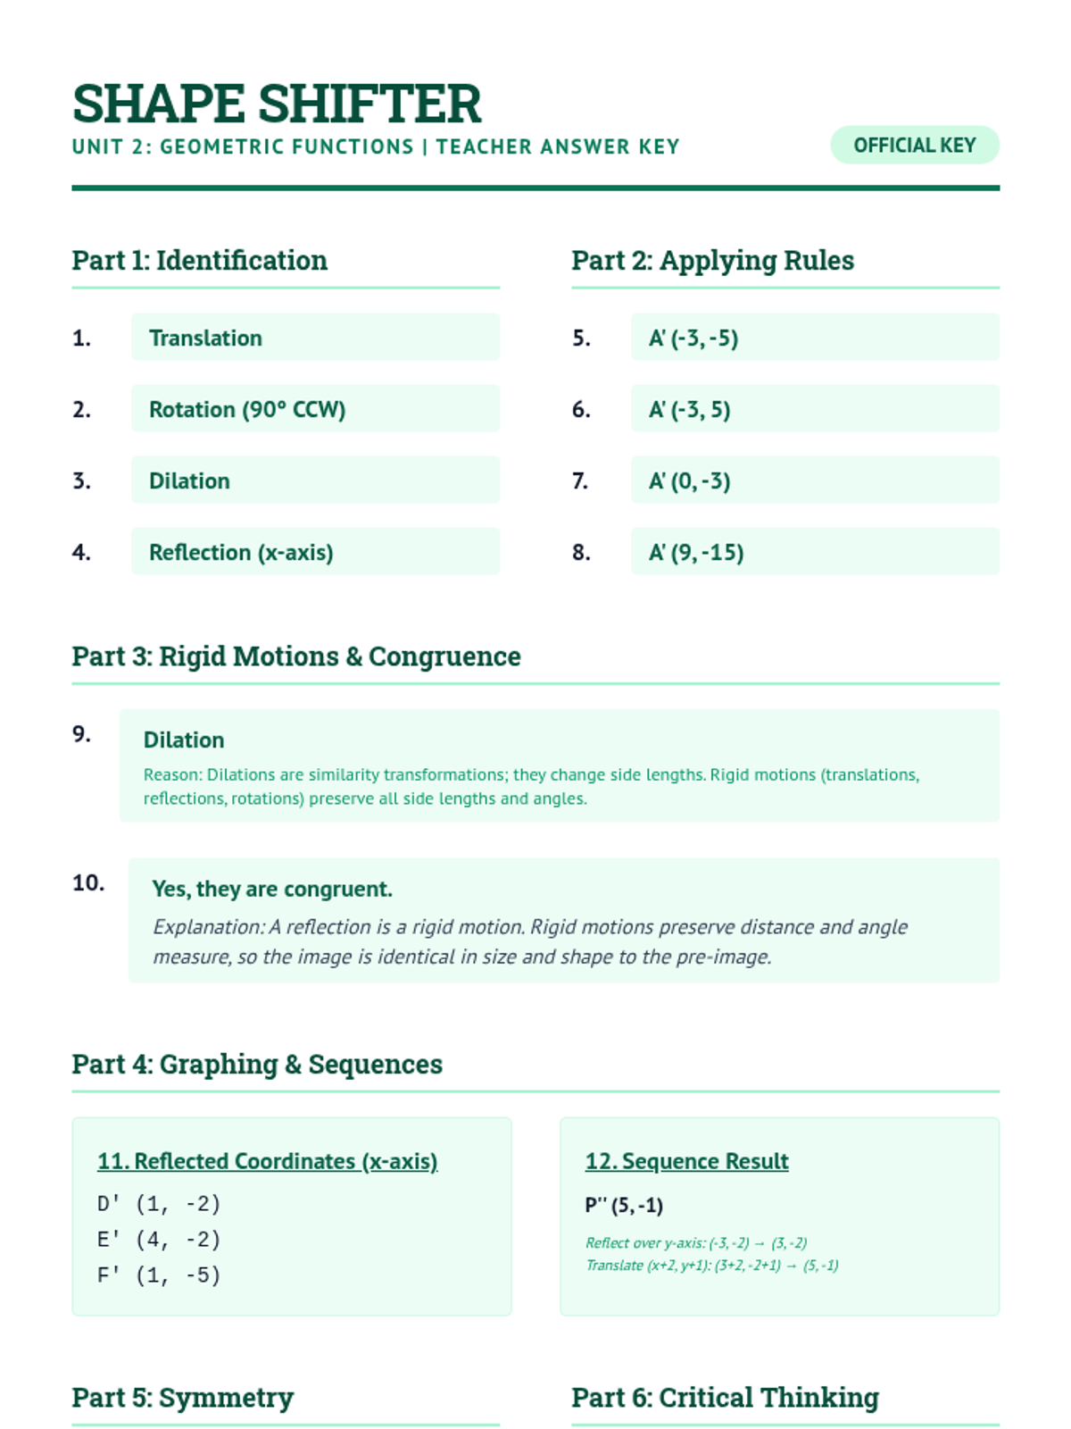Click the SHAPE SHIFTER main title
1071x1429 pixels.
[277, 104]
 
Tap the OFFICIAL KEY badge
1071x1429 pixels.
[914, 146]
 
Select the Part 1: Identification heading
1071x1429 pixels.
[199, 261]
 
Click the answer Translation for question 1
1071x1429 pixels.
[205, 338]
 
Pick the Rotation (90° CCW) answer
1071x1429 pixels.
[247, 409]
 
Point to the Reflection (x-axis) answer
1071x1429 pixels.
[241, 552]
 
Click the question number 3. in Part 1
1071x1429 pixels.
[81, 481]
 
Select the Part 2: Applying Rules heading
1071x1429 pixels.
[712, 261]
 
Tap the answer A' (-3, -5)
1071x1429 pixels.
[693, 338]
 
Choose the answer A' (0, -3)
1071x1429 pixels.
[689, 481]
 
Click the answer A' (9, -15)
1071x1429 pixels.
[696, 552]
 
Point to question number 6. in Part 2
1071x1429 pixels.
[581, 409]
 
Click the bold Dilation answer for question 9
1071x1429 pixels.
[184, 740]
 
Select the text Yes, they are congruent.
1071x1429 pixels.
[272, 889]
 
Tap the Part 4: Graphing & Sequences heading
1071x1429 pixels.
[257, 1065]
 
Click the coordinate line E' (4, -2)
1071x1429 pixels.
[159, 1240]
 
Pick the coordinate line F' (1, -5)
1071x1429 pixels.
[159, 1275]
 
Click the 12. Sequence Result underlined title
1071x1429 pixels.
[686, 1161]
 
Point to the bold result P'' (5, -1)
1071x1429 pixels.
[624, 1206]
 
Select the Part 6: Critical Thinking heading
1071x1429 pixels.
[725, 1398]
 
